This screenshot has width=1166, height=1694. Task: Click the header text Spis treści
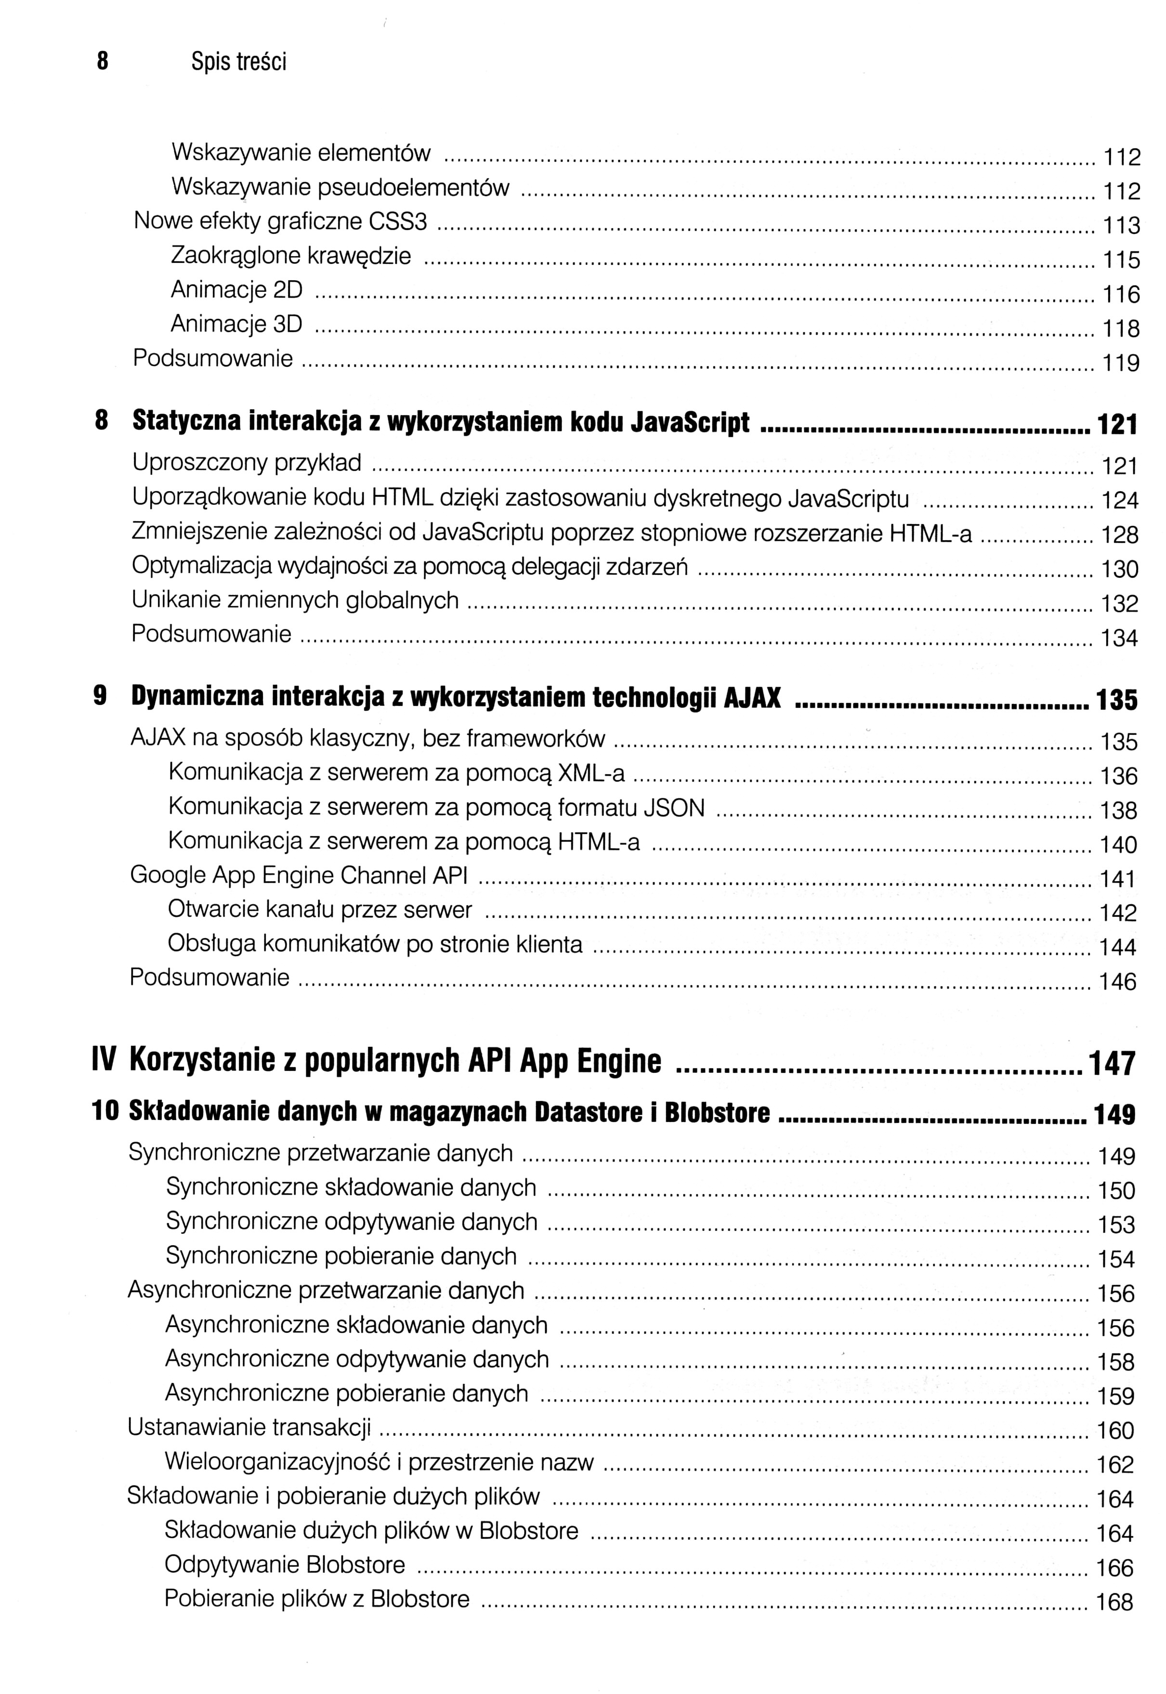239,63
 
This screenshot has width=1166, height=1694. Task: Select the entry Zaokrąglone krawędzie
291,256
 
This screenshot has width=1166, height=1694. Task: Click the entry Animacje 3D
236,324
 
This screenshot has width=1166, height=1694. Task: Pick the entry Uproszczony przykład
247,462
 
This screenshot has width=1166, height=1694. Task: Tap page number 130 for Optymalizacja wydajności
1120,569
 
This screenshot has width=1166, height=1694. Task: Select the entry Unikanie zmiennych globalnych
295,599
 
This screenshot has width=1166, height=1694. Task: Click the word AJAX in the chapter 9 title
752,698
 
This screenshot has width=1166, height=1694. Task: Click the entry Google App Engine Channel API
298,875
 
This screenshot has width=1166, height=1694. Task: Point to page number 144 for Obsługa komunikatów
1118,948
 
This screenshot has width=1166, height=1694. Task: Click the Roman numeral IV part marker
105,1061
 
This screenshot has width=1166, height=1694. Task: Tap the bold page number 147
1112,1064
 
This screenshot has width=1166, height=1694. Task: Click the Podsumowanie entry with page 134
211,634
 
